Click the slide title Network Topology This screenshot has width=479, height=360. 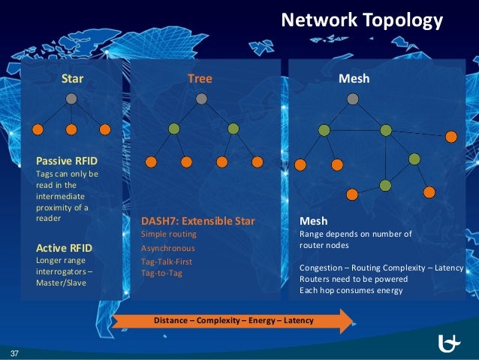361,20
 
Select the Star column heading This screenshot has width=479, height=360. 72,78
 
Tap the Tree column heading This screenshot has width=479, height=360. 200,78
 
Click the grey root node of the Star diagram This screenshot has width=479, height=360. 71,98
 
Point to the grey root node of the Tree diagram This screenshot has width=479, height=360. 200,98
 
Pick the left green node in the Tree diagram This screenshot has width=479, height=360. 174,129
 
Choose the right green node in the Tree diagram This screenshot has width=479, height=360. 233,129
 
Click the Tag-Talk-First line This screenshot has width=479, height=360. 167,260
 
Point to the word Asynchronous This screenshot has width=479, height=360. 167,247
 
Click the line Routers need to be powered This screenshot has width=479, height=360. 353,279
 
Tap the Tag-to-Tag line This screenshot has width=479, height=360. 161,272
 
